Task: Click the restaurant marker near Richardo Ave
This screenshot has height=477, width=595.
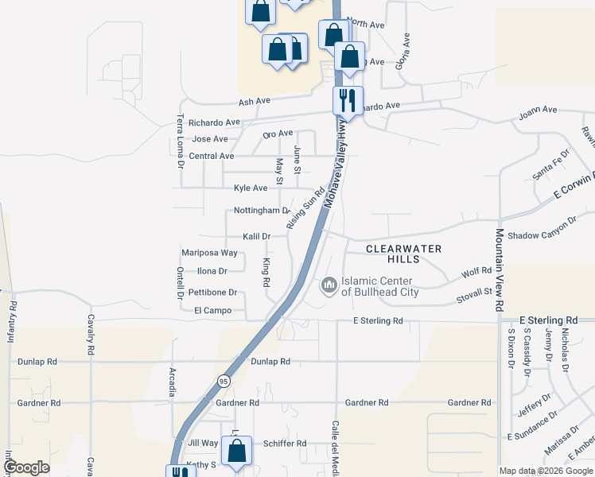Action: pos(347,100)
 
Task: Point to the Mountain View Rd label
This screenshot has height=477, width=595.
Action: pos(500,270)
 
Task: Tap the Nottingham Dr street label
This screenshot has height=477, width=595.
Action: pos(262,211)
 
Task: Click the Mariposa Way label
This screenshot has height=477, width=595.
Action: pos(209,253)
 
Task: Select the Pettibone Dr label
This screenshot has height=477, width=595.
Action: pos(211,293)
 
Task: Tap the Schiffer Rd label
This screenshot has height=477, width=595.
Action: pos(284,444)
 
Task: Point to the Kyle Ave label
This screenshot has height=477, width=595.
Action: pos(251,188)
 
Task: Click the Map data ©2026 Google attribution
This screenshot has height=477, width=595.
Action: pos(546,471)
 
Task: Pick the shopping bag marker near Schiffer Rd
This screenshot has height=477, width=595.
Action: pos(237,451)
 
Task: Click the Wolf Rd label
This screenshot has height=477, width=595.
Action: pos(476,273)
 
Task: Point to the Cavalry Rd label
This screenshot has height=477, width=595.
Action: pos(91,339)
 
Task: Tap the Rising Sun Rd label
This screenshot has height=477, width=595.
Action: pos(307,208)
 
